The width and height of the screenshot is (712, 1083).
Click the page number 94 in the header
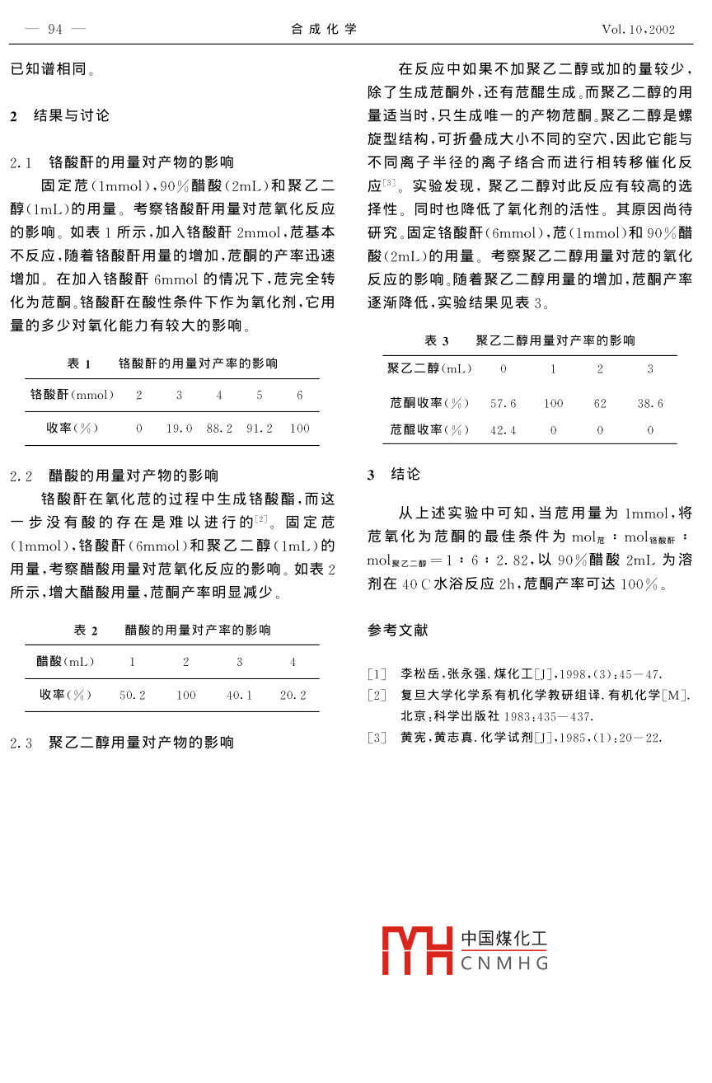pyautogui.click(x=55, y=30)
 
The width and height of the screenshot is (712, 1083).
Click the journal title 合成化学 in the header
pyautogui.click(x=324, y=30)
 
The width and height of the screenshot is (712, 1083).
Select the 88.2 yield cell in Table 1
pyautogui.click(x=219, y=429)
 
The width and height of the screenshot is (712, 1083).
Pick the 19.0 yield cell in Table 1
pyautogui.click(x=179, y=429)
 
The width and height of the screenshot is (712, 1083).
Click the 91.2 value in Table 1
pyautogui.click(x=260, y=429)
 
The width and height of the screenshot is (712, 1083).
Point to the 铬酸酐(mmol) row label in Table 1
pyautogui.click(x=72, y=396)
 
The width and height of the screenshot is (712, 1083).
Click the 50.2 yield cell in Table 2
pyautogui.click(x=133, y=696)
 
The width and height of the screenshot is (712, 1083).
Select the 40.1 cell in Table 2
pyautogui.click(x=239, y=696)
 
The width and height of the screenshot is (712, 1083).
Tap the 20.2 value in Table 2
pyautogui.click(x=293, y=696)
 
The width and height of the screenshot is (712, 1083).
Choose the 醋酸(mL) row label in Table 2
pyautogui.click(x=66, y=662)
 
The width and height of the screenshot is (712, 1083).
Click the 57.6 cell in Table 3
pyautogui.click(x=503, y=404)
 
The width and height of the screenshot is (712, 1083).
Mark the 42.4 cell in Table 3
pyautogui.click(x=503, y=430)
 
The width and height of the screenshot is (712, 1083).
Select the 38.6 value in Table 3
pyautogui.click(x=650, y=404)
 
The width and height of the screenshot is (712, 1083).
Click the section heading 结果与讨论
pyautogui.click(x=71, y=115)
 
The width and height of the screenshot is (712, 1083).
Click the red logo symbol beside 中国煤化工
pyautogui.click(x=417, y=950)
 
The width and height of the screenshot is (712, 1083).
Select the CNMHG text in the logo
pyautogui.click(x=504, y=963)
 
